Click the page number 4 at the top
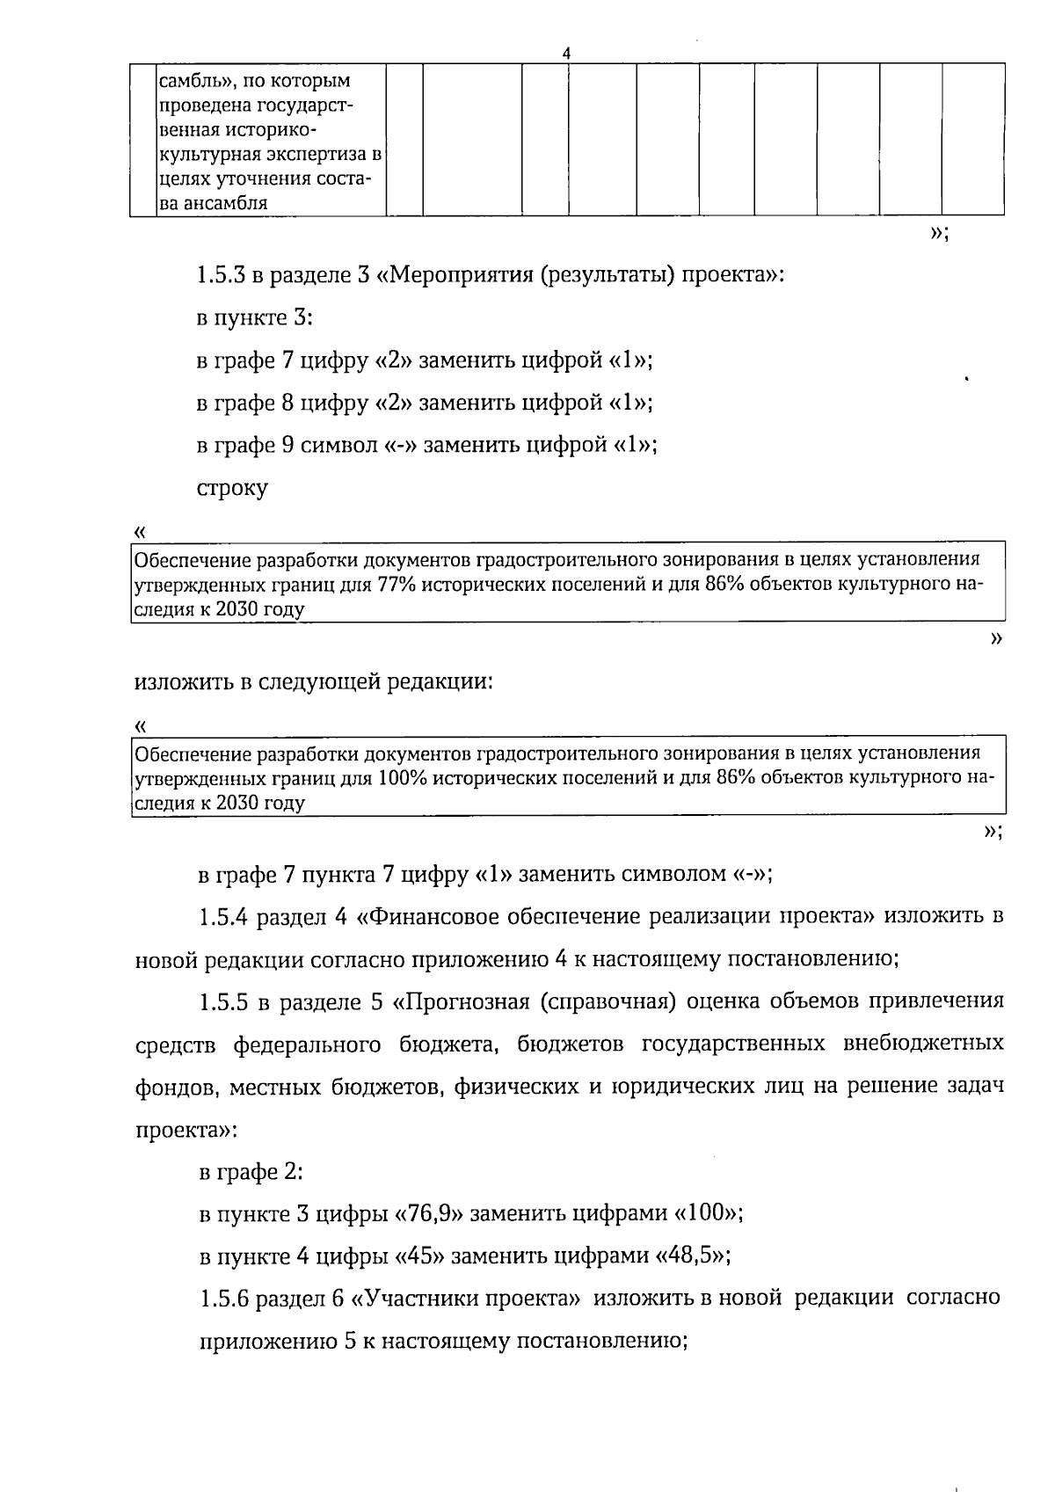566,53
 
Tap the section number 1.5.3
222,275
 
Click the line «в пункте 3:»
254,317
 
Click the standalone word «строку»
232,488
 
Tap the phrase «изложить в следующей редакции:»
313,682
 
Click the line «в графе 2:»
251,1173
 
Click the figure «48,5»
691,1257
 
